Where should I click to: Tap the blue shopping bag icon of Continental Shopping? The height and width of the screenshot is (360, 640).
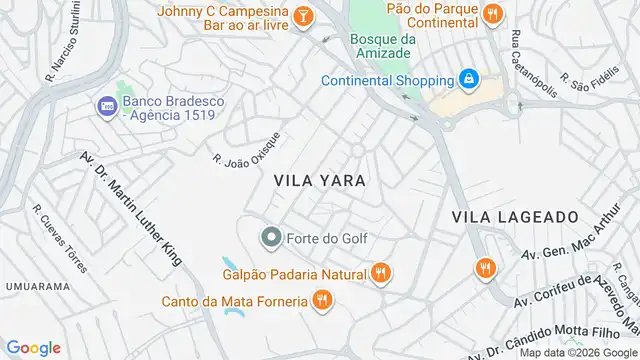point(468,79)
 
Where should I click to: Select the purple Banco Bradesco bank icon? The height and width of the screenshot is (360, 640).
point(106,104)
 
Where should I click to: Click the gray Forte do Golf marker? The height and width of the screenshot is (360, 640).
point(270,237)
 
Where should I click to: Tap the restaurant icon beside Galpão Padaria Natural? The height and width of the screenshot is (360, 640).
point(380,273)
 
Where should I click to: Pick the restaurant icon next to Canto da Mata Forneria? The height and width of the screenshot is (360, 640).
point(321,299)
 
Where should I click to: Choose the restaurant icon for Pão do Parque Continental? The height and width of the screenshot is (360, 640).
point(491,14)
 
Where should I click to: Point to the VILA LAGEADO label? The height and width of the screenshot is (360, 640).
point(515,216)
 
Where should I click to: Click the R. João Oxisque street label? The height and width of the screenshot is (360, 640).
point(247,149)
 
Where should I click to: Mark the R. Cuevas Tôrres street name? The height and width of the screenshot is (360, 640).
point(60,239)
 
